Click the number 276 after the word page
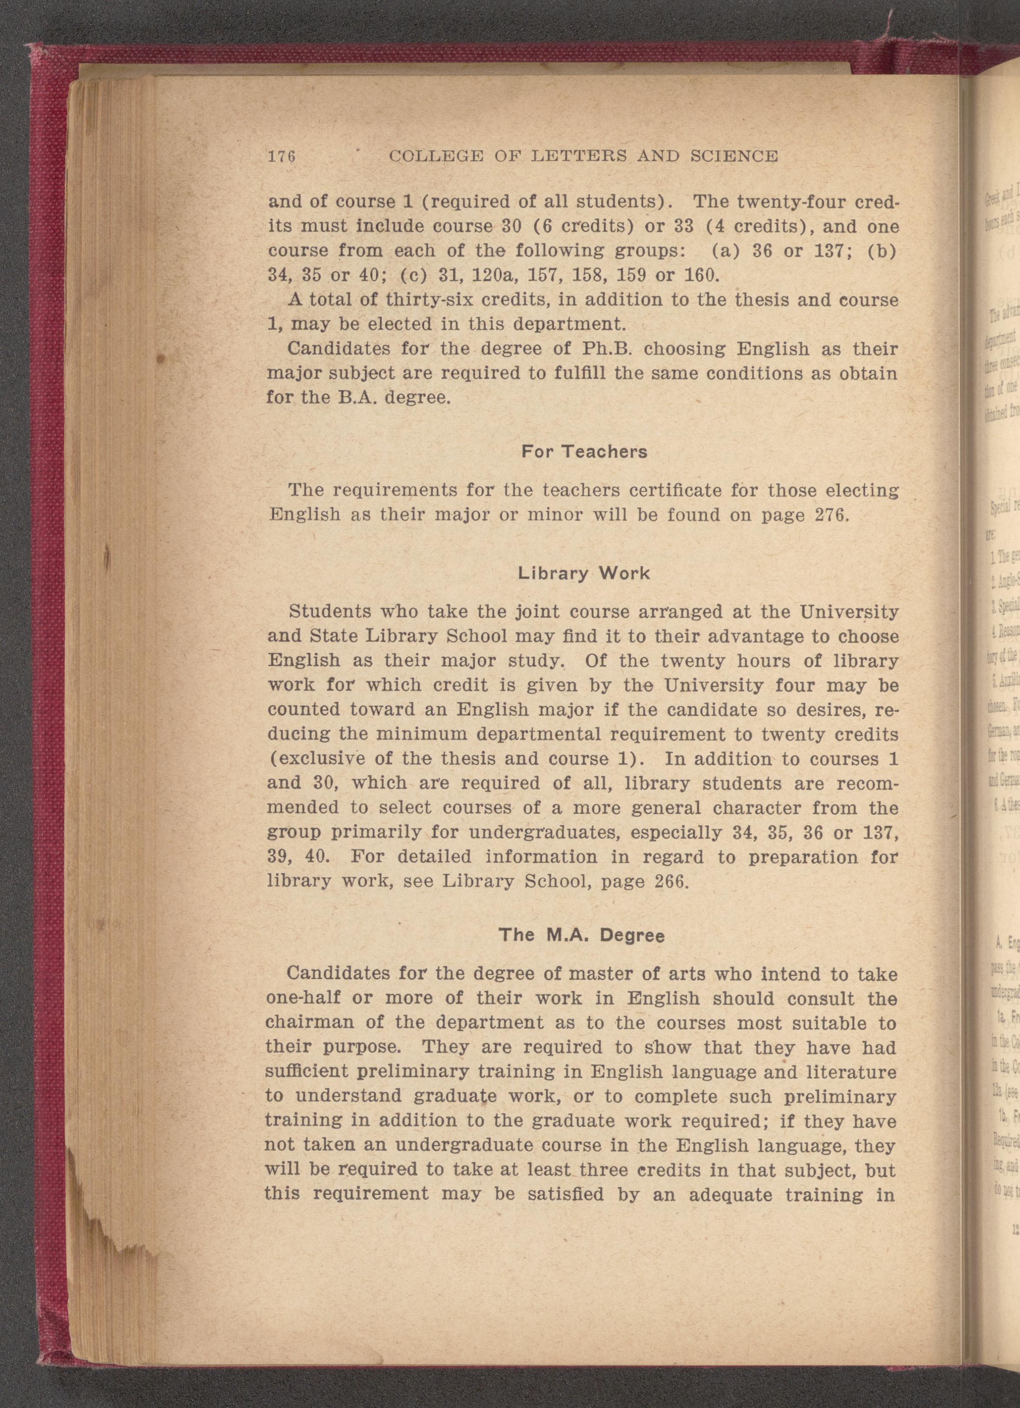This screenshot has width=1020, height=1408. tap(830, 515)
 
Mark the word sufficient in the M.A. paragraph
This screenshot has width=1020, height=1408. tap(308, 1072)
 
